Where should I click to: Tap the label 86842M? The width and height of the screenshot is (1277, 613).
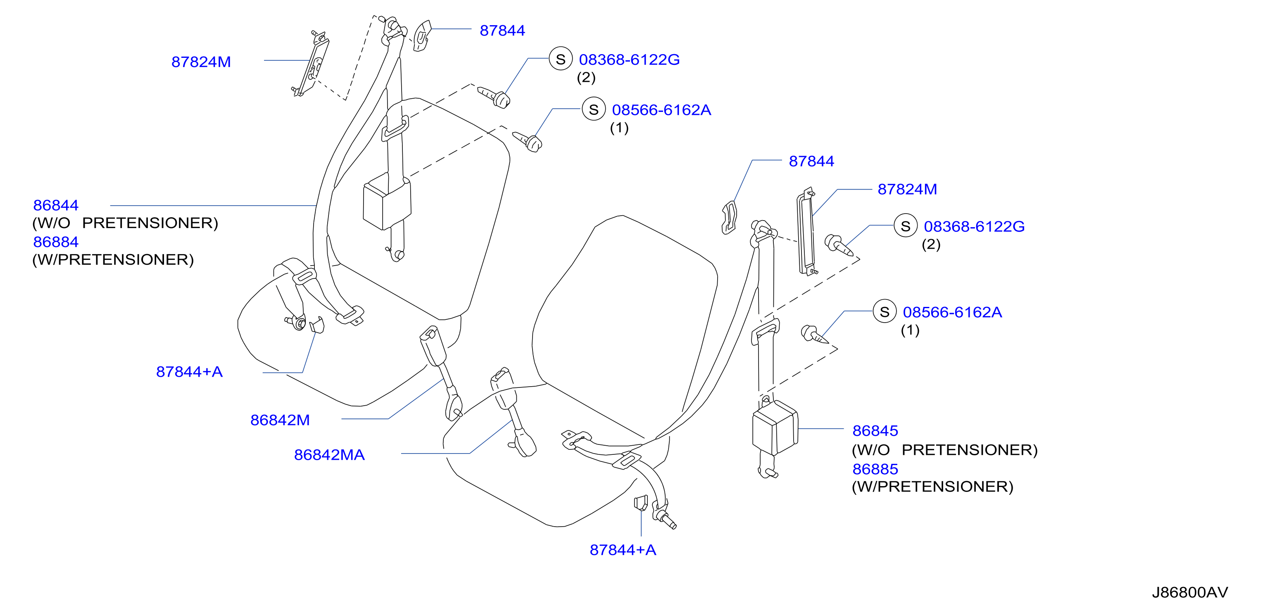280,420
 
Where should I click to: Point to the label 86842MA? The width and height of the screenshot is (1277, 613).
329,455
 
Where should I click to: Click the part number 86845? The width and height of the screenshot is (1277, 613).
875,431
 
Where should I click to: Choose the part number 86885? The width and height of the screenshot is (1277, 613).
875,469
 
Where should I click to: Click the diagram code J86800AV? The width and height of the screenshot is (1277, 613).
1190,592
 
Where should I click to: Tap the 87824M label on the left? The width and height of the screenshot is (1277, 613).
201,62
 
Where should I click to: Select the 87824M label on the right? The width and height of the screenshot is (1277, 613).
907,189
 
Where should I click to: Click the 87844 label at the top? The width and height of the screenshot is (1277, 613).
502,31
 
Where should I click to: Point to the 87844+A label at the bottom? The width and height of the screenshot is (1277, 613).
623,550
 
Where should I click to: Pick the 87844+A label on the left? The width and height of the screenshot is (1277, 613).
189,372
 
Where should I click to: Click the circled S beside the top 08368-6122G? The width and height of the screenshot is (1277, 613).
561,59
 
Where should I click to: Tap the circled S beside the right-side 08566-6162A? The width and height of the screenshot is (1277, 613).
885,312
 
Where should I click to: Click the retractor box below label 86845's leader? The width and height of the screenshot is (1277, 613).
775,427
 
